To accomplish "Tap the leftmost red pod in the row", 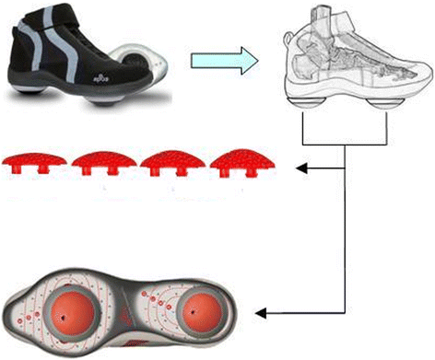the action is tap(41, 163).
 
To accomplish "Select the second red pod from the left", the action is tap(100, 164).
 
